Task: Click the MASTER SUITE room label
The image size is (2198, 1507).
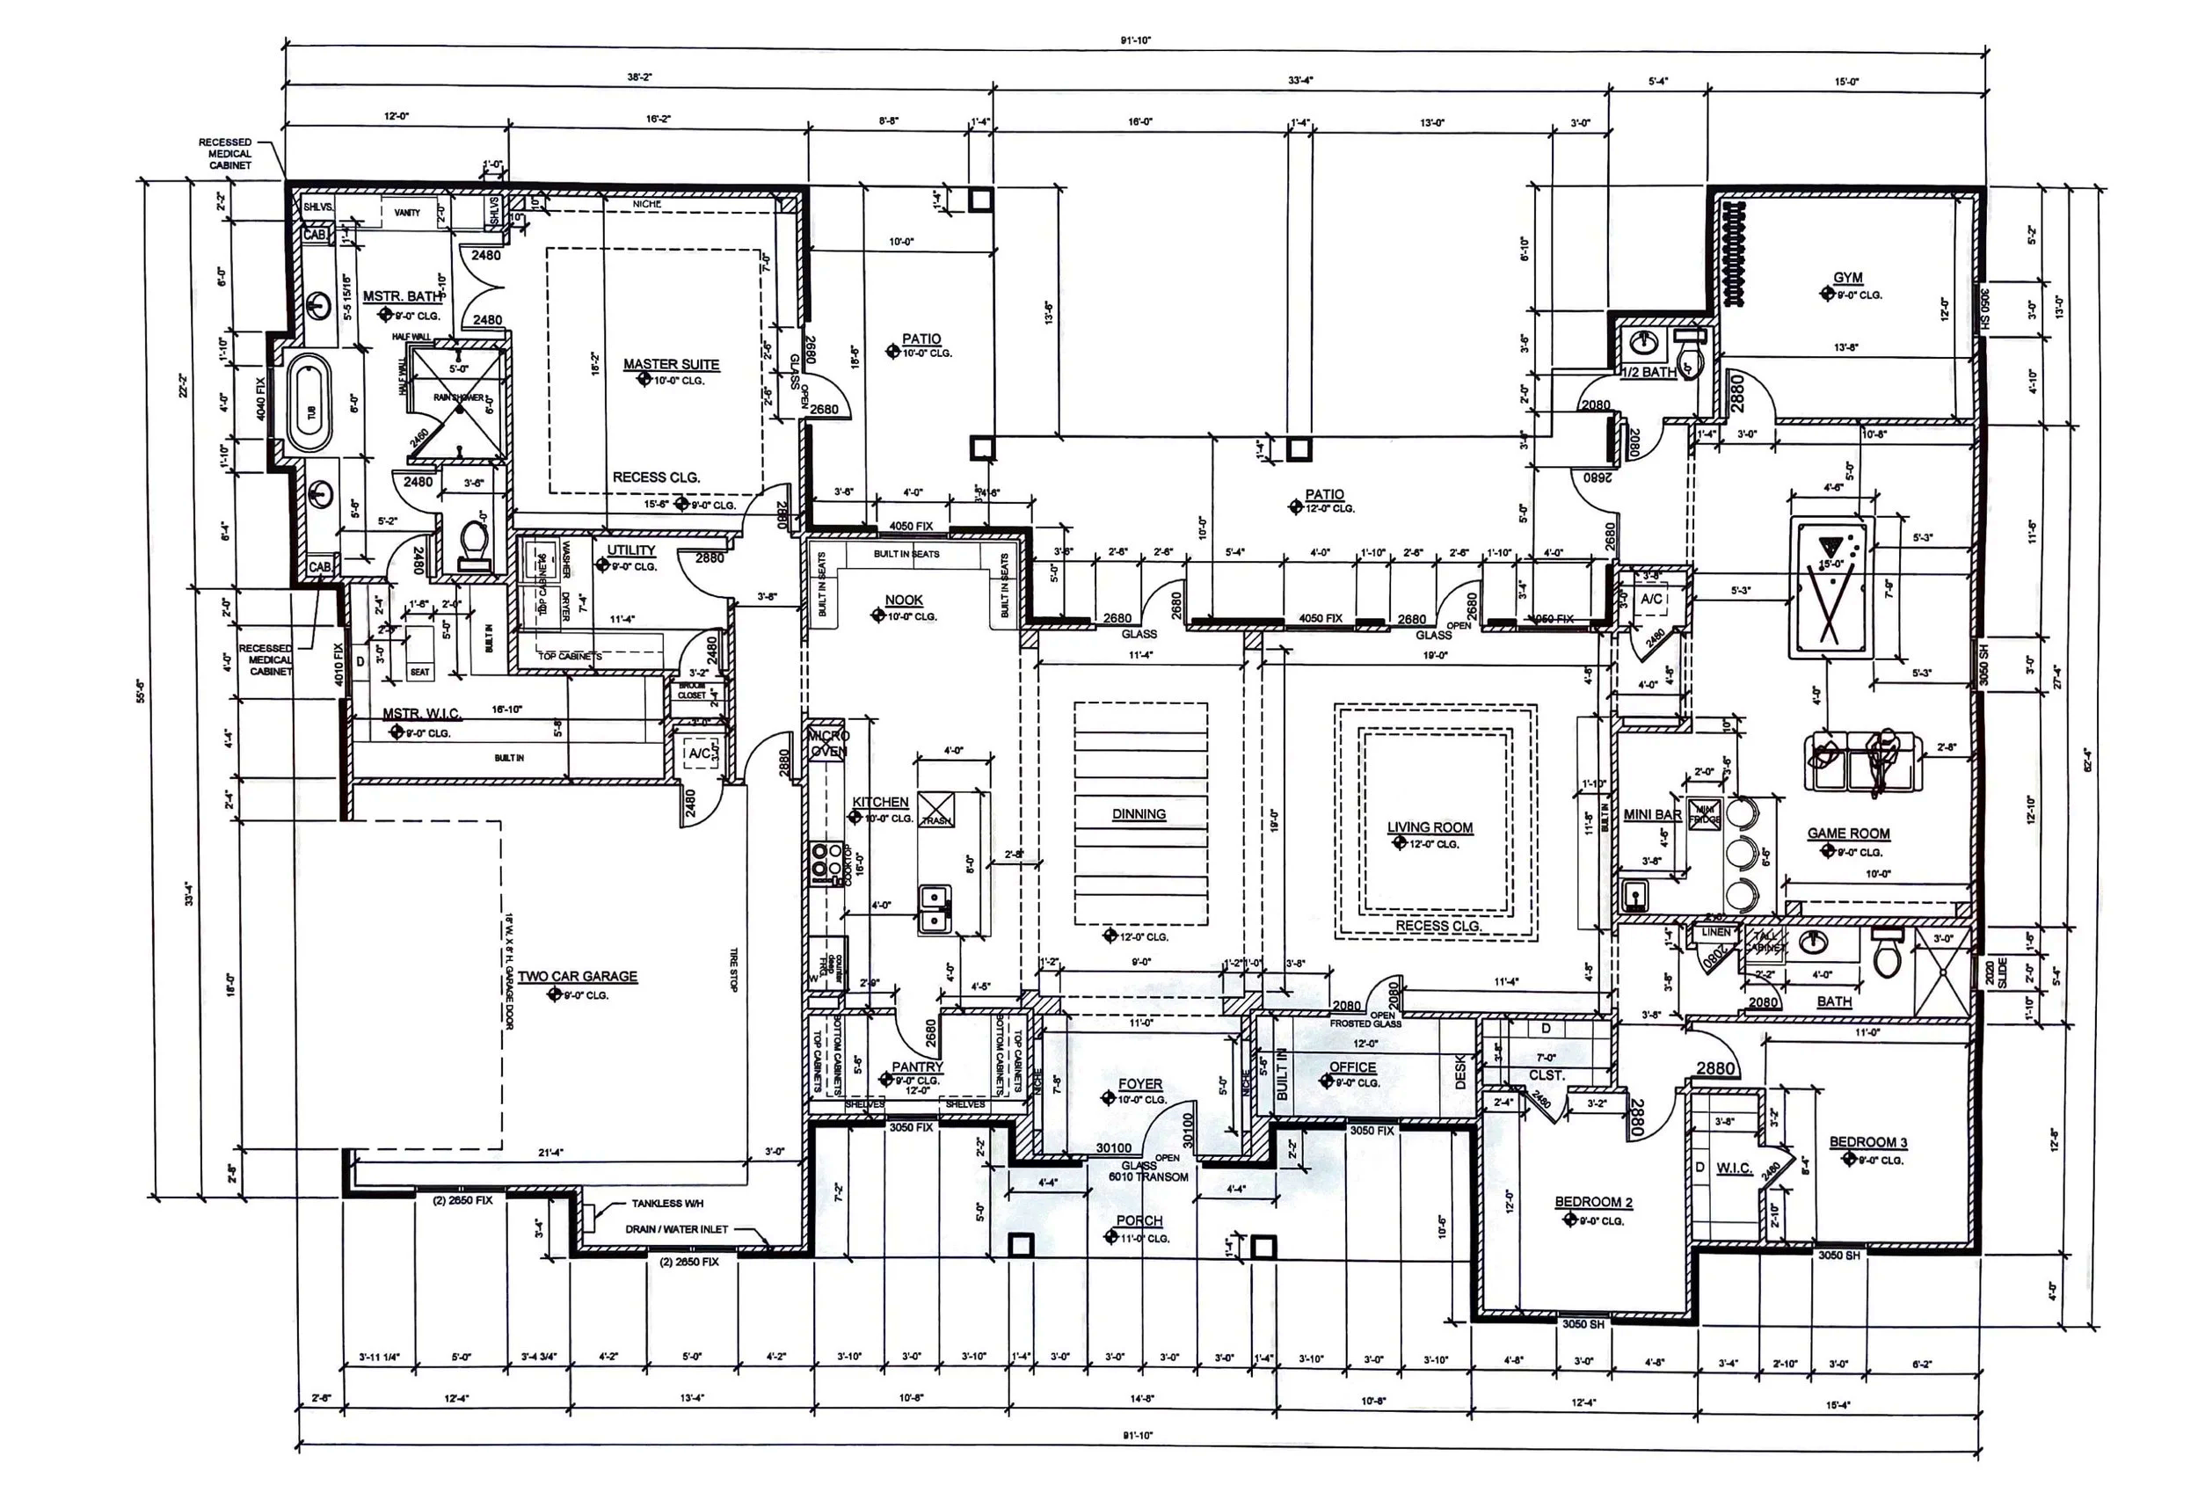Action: [x=671, y=364]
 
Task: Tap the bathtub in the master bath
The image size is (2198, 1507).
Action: [x=309, y=404]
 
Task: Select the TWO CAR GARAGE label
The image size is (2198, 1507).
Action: [x=577, y=976]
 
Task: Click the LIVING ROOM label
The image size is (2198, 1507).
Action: [x=1429, y=827]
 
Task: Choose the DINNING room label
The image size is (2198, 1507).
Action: [x=1139, y=813]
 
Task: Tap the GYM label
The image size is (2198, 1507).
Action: [x=1847, y=278]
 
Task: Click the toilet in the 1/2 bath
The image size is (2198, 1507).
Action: [x=1685, y=357]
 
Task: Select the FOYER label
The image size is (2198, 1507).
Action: [x=1139, y=1084]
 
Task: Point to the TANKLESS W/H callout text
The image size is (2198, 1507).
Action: [x=667, y=1204]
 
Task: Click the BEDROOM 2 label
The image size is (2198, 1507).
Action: [x=1594, y=1203]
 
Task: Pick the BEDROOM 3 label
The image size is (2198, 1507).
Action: [x=1868, y=1142]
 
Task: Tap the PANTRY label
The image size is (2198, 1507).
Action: [x=916, y=1067]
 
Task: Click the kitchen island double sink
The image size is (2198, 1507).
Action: [x=935, y=908]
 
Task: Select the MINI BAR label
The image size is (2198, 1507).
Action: [x=1652, y=814]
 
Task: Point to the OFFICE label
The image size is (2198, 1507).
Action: [x=1352, y=1067]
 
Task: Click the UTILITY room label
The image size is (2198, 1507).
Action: [x=631, y=550]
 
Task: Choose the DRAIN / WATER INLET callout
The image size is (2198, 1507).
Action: [x=676, y=1229]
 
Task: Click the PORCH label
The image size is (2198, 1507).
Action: [x=1139, y=1220]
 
